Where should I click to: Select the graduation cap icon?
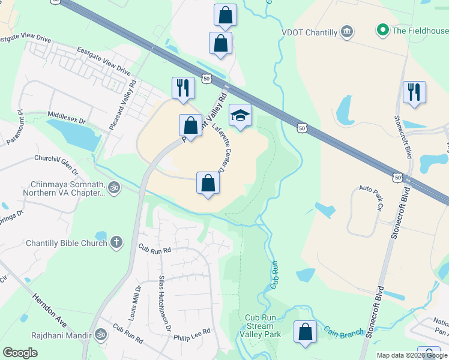point(240,115)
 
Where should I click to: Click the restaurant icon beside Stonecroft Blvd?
point(414,92)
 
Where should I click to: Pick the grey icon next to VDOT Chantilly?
point(347,31)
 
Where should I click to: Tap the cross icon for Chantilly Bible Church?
point(116,242)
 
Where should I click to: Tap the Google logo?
point(20,353)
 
